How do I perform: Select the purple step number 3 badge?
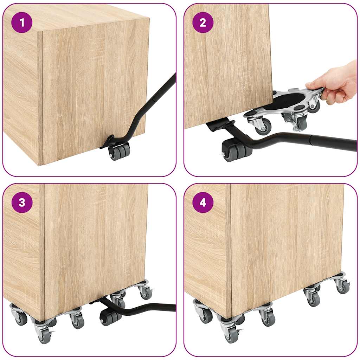click(x=22, y=202)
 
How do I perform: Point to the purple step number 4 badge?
click(x=203, y=202)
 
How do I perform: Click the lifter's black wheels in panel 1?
click(x=119, y=152)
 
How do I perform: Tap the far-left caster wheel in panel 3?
click(x=20, y=318)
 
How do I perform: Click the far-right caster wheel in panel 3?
click(x=145, y=292)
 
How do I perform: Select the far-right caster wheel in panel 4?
click(x=342, y=287)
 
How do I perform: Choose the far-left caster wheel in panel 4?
click(x=205, y=316)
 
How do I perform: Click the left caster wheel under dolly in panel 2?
click(x=263, y=127)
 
